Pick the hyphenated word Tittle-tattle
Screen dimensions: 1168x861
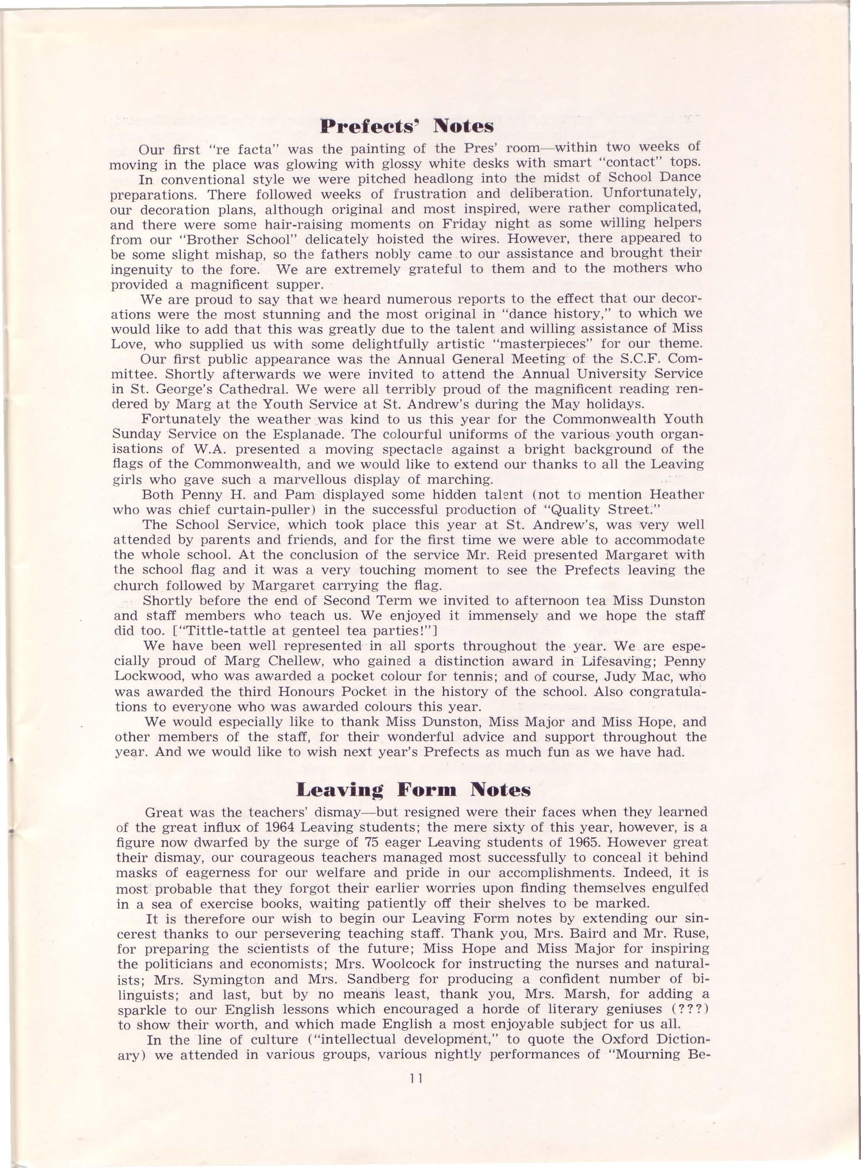coord(210,631)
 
